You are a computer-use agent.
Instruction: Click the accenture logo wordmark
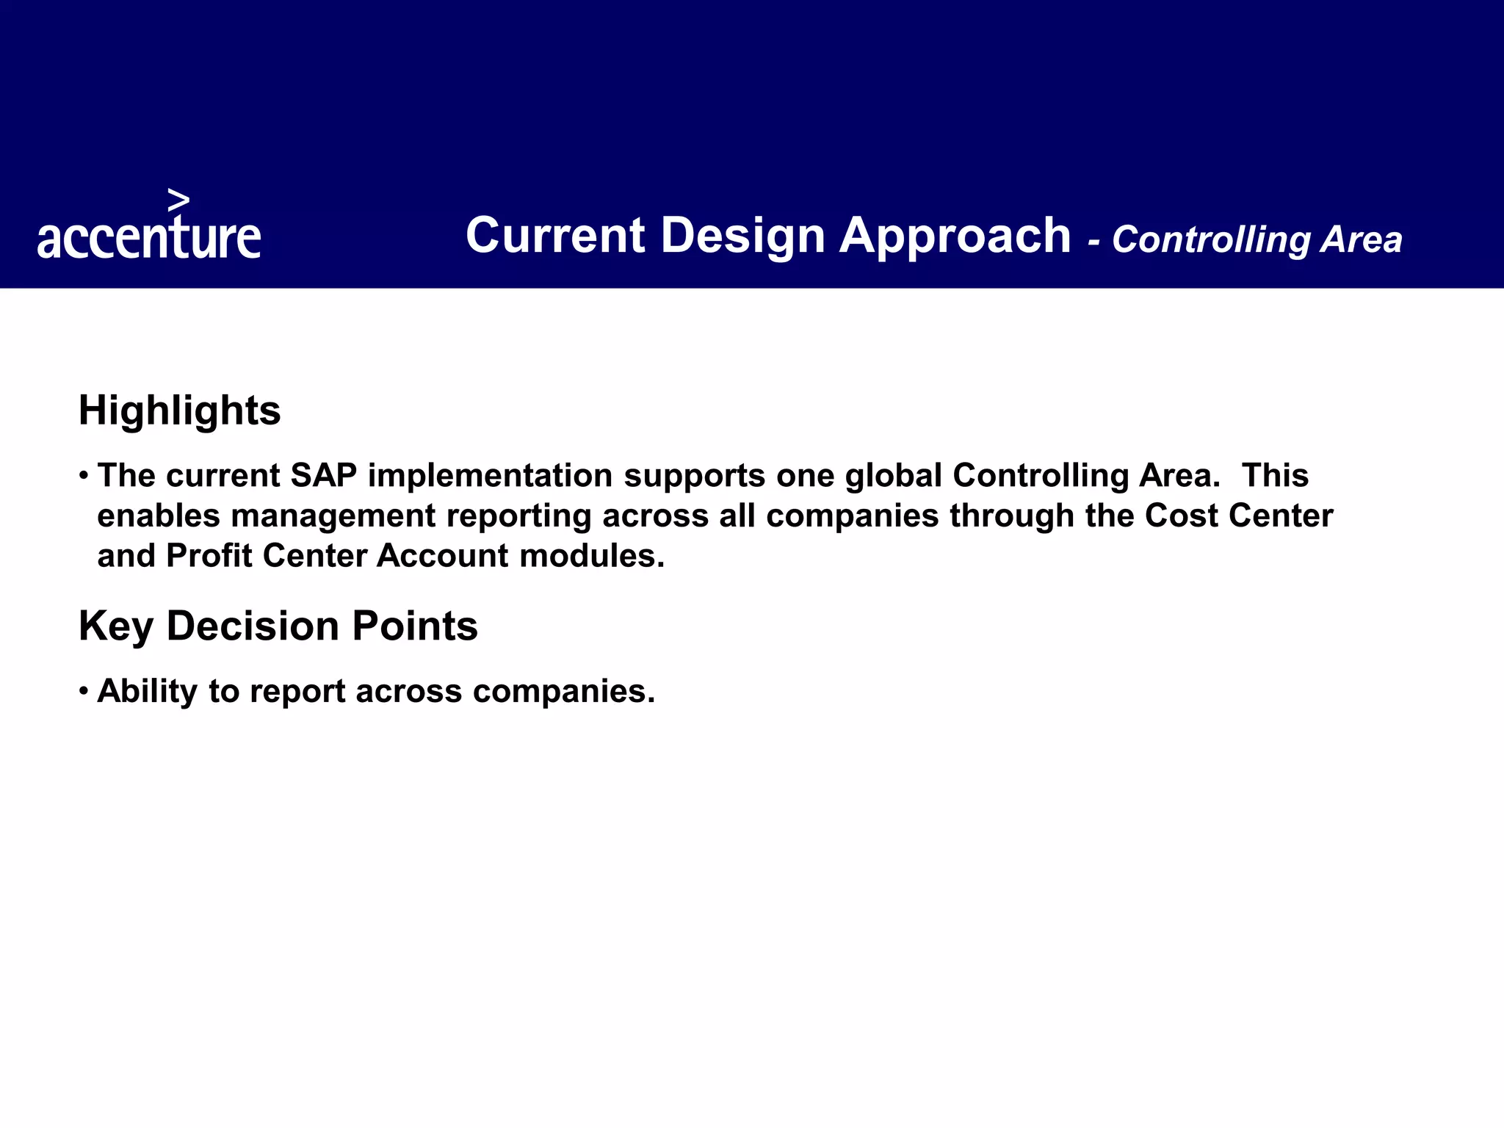(149, 236)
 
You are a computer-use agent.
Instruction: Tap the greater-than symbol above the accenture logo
(178, 200)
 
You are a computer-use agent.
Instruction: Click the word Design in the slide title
(742, 236)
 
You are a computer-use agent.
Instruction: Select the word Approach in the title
(955, 236)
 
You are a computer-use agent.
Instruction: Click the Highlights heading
(179, 410)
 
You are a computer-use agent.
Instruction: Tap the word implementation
(490, 476)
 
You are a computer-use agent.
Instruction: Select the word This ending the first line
(1275, 476)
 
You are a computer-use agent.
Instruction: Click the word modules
(592, 556)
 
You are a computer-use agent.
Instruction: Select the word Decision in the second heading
(253, 626)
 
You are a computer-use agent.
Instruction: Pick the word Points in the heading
(415, 626)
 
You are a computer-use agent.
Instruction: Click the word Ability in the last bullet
(147, 692)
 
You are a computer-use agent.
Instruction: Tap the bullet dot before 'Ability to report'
(84, 691)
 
